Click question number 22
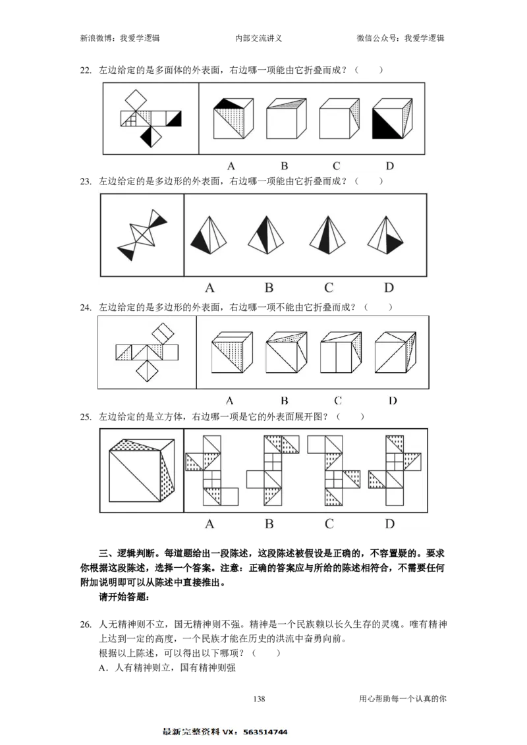pos(86,70)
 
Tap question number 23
pos(86,181)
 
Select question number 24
pos(86,308)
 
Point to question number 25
pos(86,417)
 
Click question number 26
pos(86,624)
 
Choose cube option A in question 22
pos(233,119)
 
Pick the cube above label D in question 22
pos(392,119)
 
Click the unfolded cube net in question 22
pos(151,118)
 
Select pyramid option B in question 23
pos(267,235)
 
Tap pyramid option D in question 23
pos(385,235)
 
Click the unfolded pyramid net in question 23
pos(142,235)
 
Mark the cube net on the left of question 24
pos(148,352)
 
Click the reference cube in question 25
pos(142,470)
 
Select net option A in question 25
pos(211,470)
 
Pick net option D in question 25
pos(395,470)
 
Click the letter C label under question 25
pos(329,524)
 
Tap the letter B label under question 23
pos(269,287)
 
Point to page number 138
pos(259,698)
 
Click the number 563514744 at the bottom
pos(265,732)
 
